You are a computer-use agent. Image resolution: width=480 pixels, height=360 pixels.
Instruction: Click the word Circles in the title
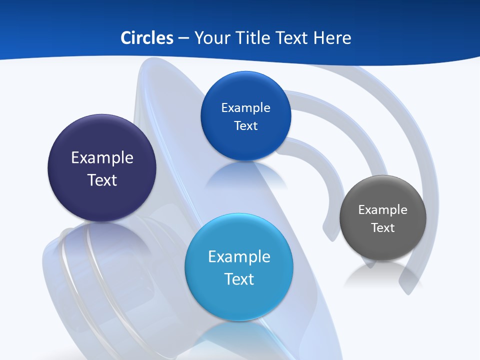coord(147,38)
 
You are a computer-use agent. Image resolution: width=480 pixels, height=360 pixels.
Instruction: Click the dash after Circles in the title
coord(183,38)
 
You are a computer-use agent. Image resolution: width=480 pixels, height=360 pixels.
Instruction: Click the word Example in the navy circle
coord(102,158)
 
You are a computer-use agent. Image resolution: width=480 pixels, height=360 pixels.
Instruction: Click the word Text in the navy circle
coord(102,180)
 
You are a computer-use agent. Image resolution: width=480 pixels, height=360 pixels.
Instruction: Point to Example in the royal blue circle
coord(245,108)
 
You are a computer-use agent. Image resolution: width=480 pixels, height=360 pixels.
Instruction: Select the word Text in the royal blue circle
coord(245,126)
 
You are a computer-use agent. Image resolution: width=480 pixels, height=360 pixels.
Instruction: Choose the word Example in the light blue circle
coord(239,257)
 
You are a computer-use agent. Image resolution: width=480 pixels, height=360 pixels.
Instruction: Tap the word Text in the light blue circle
coord(239,279)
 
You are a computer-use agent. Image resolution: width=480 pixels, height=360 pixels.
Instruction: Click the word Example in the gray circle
coord(383,210)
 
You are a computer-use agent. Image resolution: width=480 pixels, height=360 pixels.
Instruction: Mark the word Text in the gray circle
coord(383,228)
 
